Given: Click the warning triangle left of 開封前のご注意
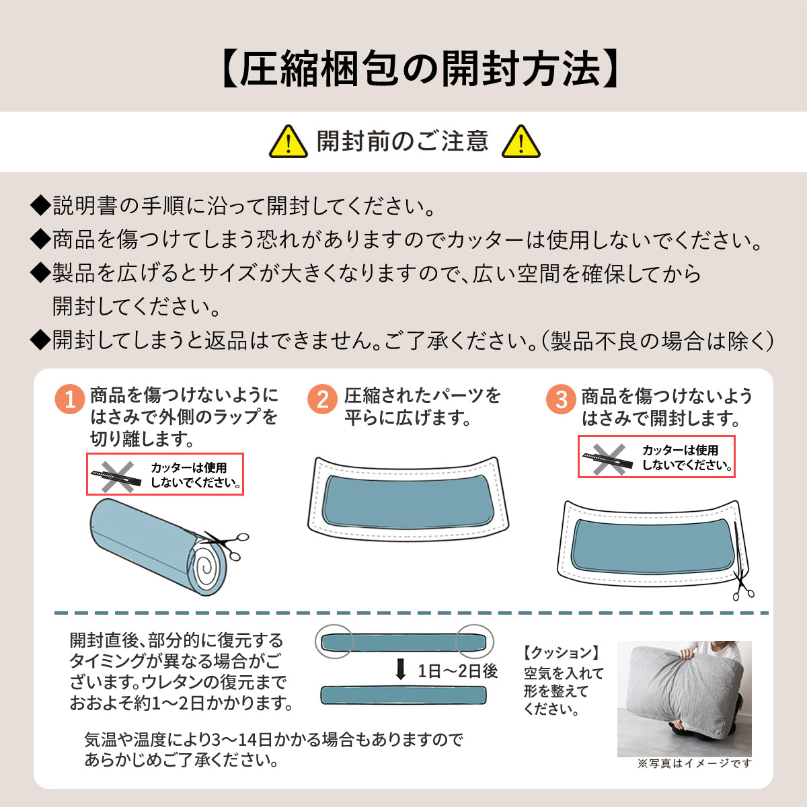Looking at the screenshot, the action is pyautogui.click(x=288, y=141).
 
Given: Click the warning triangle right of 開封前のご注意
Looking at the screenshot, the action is pyautogui.click(x=521, y=141).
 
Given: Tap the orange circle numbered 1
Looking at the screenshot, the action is pyautogui.click(x=70, y=399).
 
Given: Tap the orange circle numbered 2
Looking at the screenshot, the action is pyautogui.click(x=323, y=399).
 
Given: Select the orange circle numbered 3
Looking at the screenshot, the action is pyautogui.click(x=561, y=399).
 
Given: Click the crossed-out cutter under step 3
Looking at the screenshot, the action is pyautogui.click(x=608, y=459).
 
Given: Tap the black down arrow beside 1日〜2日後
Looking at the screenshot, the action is pyautogui.click(x=401, y=670).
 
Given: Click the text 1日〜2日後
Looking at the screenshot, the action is pyautogui.click(x=458, y=671).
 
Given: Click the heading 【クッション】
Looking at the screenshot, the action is pyautogui.click(x=561, y=653).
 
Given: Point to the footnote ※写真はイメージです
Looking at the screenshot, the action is pyautogui.click(x=694, y=763).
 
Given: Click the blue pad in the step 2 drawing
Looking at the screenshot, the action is pyautogui.click(x=408, y=502).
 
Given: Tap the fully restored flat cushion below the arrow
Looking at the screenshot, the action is pyautogui.click(x=403, y=695).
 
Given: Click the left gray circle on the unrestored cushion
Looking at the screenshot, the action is pyautogui.click(x=335, y=642).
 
